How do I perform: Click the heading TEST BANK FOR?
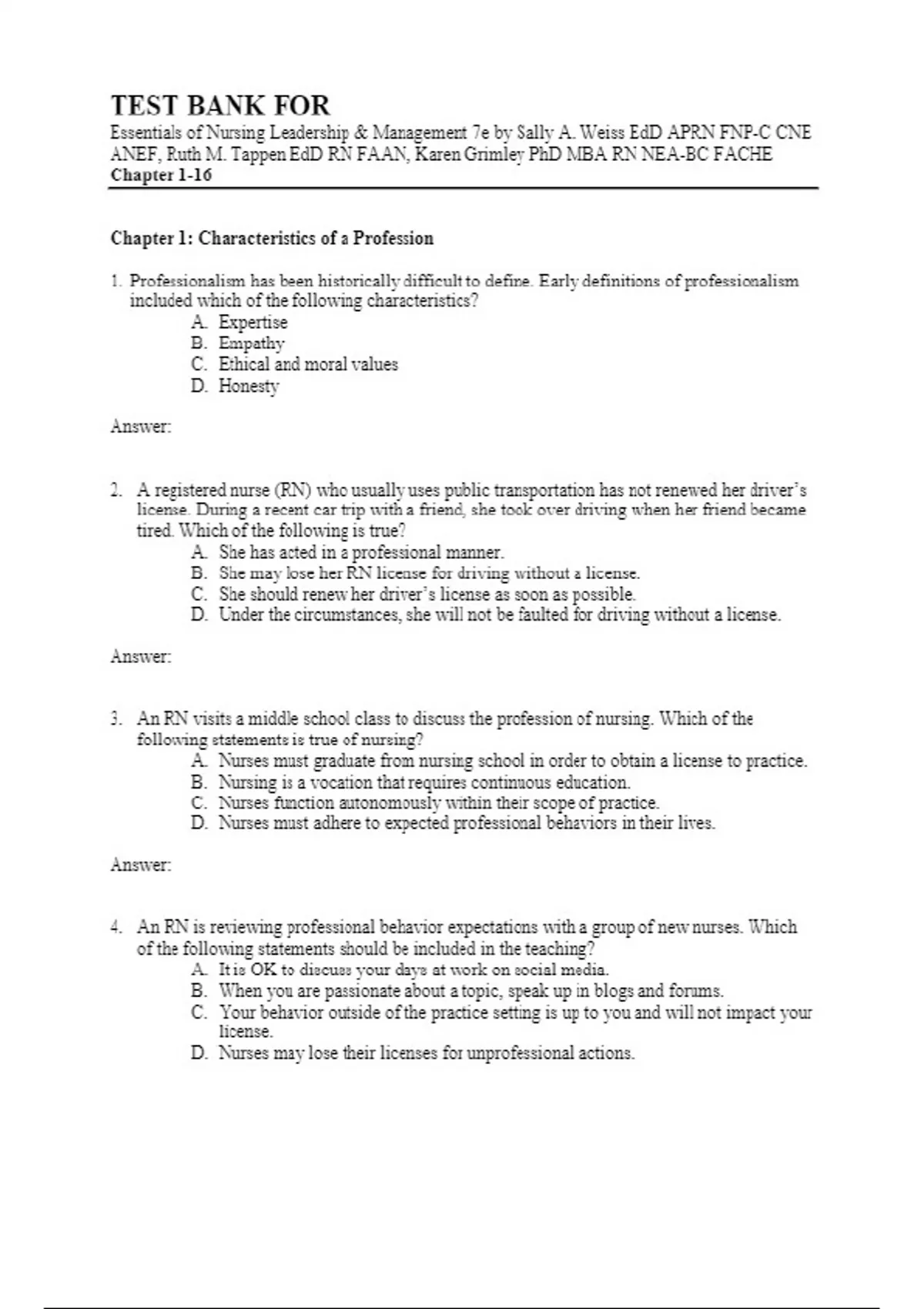[x=220, y=105]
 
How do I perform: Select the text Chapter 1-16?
[x=161, y=175]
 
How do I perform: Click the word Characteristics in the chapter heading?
[x=253, y=238]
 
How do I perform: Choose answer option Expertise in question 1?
[x=253, y=322]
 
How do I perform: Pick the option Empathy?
[x=251, y=343]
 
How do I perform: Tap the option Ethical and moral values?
[x=308, y=364]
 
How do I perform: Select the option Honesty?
[x=249, y=386]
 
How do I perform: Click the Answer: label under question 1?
[x=140, y=426]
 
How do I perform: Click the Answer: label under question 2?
[x=140, y=657]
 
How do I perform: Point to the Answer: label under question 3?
[x=140, y=865]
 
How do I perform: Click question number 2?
[x=115, y=490]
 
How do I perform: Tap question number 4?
[x=115, y=927]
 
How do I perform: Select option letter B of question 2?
[x=199, y=574]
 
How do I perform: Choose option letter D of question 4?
[x=199, y=1053]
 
